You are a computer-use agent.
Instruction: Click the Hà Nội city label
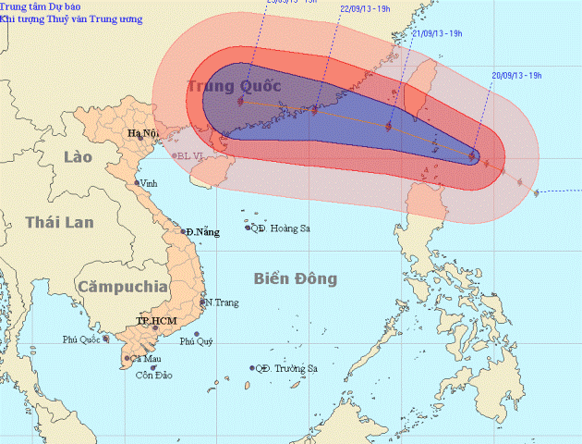tap(142, 134)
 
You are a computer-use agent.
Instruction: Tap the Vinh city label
tap(151, 183)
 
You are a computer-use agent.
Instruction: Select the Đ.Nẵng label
tap(202, 231)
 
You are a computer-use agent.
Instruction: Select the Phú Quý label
tap(197, 341)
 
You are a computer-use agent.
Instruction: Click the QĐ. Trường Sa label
tap(285, 368)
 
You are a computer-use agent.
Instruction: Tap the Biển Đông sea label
tap(296, 278)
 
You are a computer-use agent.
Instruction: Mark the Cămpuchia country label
tap(123, 287)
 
